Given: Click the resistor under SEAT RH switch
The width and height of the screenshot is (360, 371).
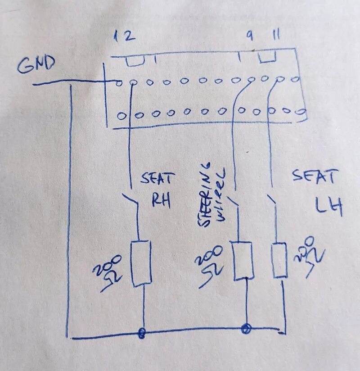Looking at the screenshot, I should [141, 263].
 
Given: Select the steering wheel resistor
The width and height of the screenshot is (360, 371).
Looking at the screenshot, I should [242, 261].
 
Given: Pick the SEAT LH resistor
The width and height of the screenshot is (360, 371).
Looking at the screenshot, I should [279, 260].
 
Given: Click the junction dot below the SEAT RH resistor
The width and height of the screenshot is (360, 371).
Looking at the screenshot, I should [142, 333].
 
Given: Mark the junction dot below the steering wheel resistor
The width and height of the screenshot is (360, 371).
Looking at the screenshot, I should [245, 328].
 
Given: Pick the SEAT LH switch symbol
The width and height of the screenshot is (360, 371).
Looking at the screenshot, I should [272, 200].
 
